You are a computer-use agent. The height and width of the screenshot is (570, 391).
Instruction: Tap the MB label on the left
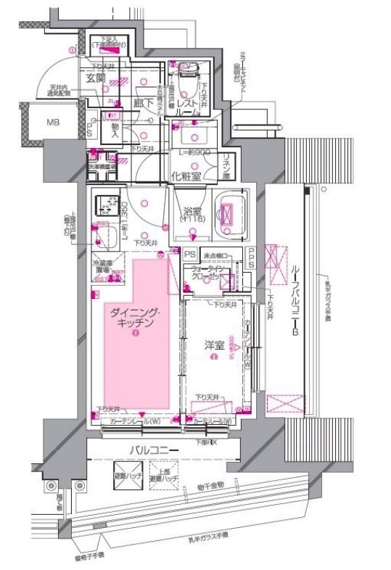[54, 122]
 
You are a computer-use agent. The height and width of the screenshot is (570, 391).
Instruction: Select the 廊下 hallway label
[144, 104]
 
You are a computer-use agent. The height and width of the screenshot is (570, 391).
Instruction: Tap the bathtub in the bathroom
[229, 215]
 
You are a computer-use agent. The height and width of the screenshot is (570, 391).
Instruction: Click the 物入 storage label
[114, 131]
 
